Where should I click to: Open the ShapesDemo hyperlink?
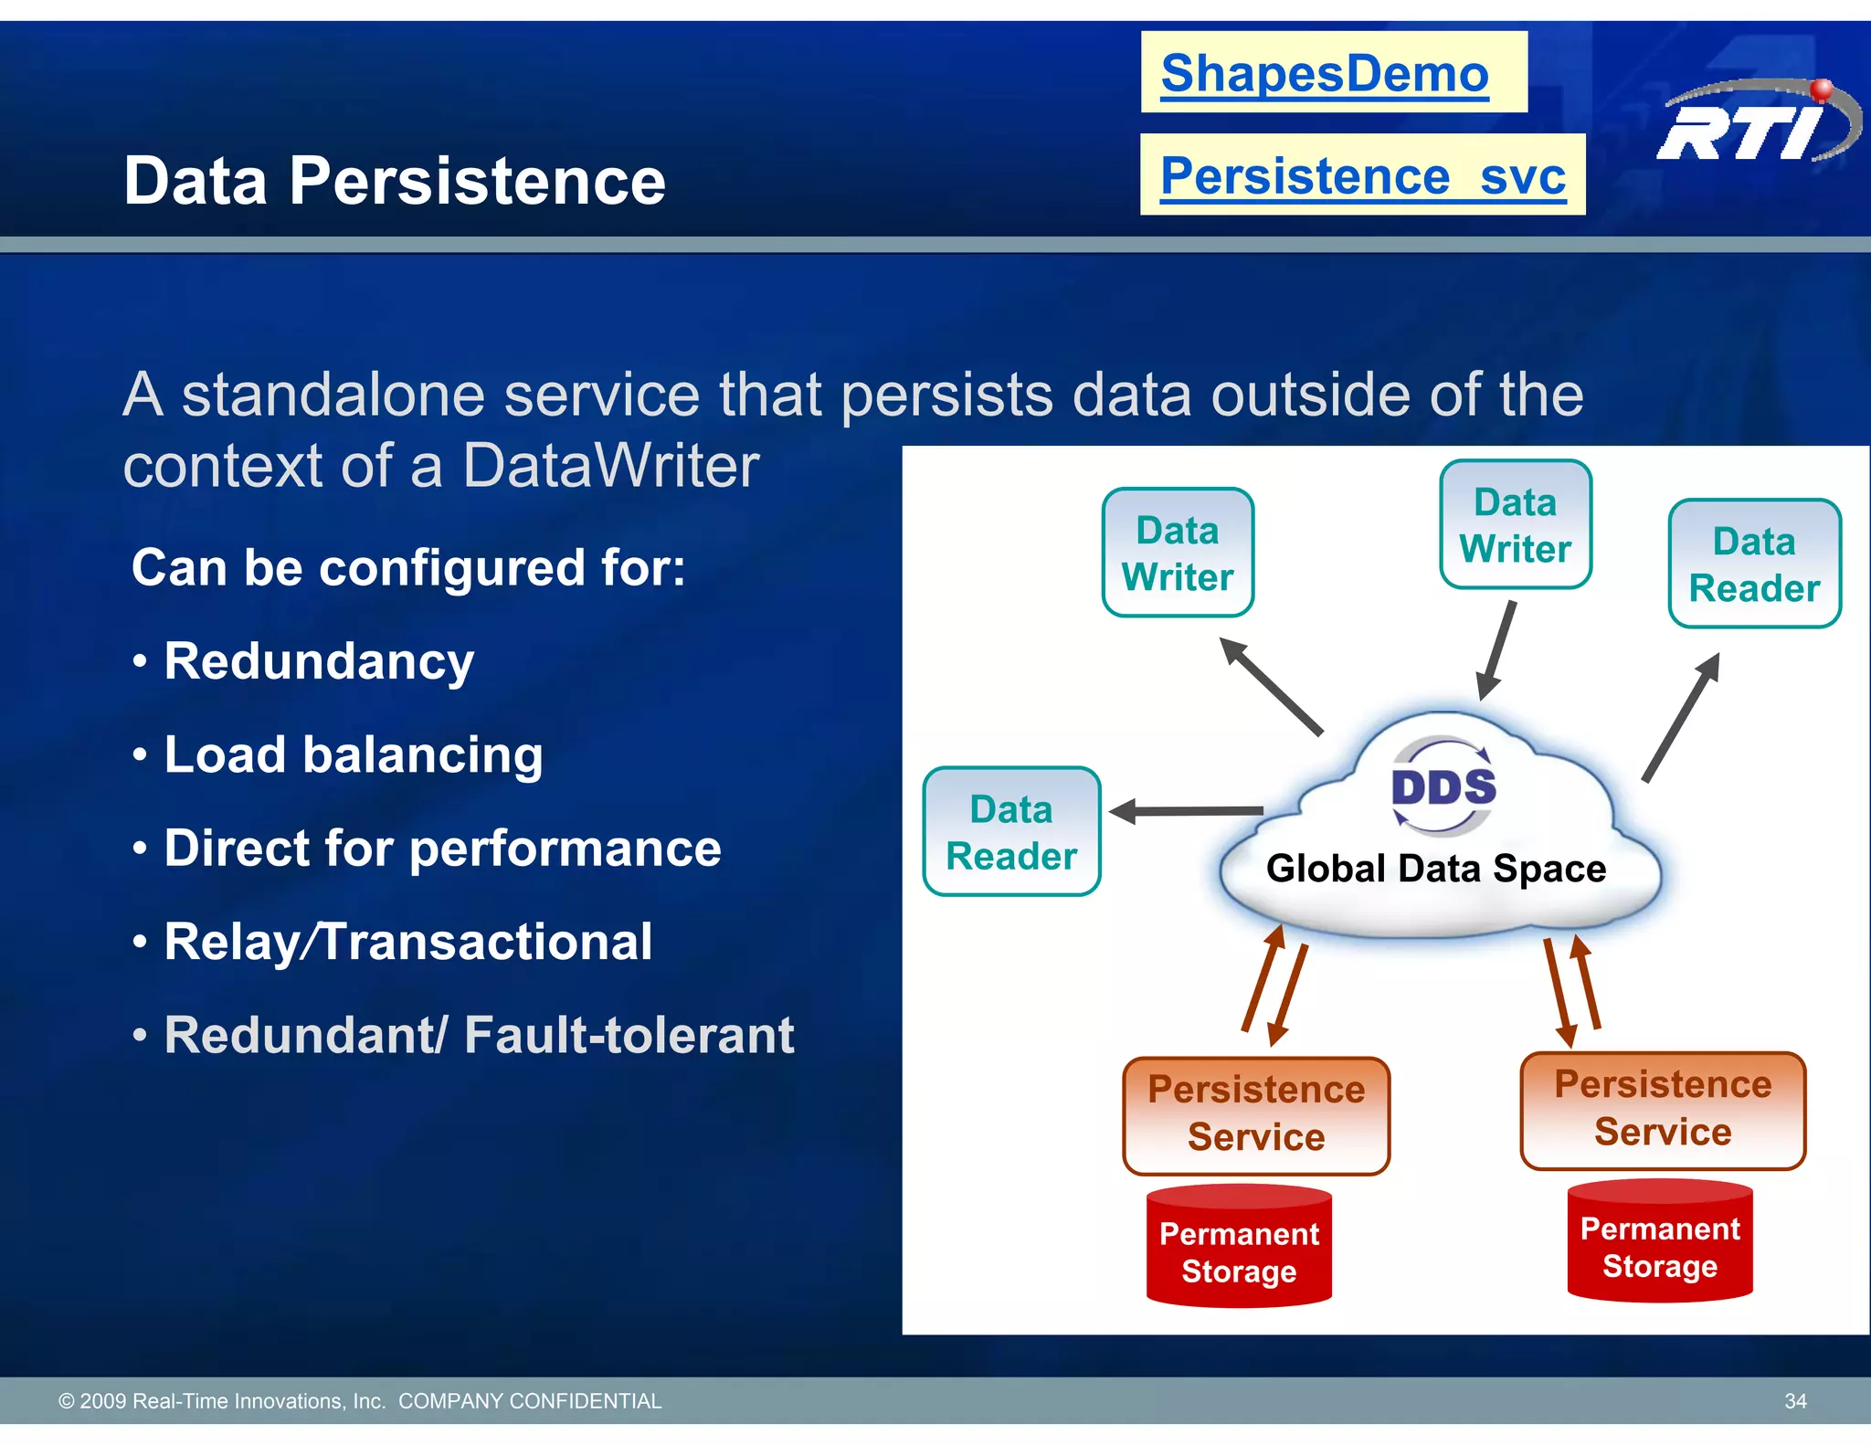click(x=1324, y=73)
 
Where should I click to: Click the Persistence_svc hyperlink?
click(x=1362, y=175)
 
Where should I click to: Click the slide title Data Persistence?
click(x=395, y=181)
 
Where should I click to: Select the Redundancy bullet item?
click(x=318, y=661)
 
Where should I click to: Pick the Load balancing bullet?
click(x=353, y=755)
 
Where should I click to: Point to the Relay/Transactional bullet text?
click(x=407, y=942)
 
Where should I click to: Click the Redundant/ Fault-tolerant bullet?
click(x=478, y=1036)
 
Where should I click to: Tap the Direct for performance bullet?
click(x=442, y=849)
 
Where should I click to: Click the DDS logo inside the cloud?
click(x=1443, y=786)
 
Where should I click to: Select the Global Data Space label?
click(x=1435, y=869)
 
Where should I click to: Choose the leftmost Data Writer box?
click(x=1178, y=554)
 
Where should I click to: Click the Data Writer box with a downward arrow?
click(x=1515, y=525)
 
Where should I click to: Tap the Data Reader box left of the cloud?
click(x=1011, y=832)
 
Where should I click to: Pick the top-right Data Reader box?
click(x=1754, y=564)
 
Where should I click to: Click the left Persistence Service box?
click(x=1255, y=1114)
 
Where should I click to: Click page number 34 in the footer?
click(x=1794, y=1401)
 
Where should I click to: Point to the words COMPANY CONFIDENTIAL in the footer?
click(x=530, y=1401)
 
